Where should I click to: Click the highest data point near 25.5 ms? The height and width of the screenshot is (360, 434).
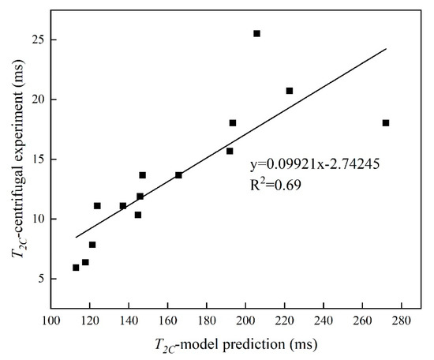(x=256, y=33)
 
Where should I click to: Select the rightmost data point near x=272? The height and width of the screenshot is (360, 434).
(x=385, y=122)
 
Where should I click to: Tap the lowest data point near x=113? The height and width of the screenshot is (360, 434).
(x=76, y=268)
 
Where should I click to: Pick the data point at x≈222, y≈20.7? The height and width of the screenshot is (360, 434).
(x=290, y=91)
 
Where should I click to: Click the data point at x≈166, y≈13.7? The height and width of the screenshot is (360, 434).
(x=178, y=174)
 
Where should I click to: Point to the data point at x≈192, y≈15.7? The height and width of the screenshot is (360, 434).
(x=230, y=151)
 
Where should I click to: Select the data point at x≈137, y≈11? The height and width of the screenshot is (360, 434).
(x=122, y=206)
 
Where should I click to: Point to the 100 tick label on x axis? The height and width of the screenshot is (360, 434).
(x=51, y=321)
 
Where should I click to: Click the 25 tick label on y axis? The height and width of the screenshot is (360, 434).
(x=36, y=39)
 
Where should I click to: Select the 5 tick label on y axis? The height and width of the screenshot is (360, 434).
(x=39, y=279)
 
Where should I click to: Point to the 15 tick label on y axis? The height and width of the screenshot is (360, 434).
(x=36, y=159)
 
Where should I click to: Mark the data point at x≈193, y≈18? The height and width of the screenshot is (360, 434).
(x=233, y=122)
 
